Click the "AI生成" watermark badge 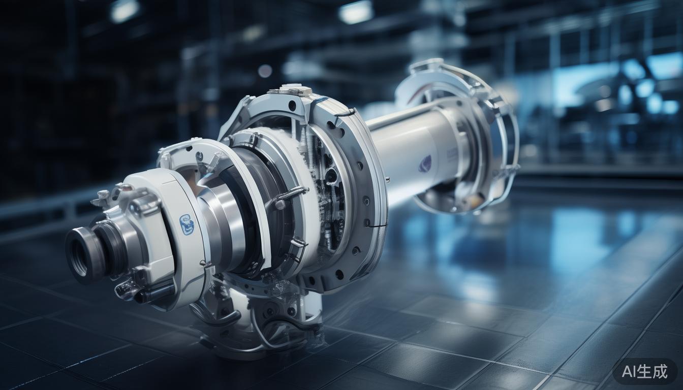click(x=644, y=371)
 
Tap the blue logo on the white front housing click(x=187, y=225)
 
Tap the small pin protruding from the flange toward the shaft click(x=388, y=180)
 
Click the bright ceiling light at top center click(x=356, y=13)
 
